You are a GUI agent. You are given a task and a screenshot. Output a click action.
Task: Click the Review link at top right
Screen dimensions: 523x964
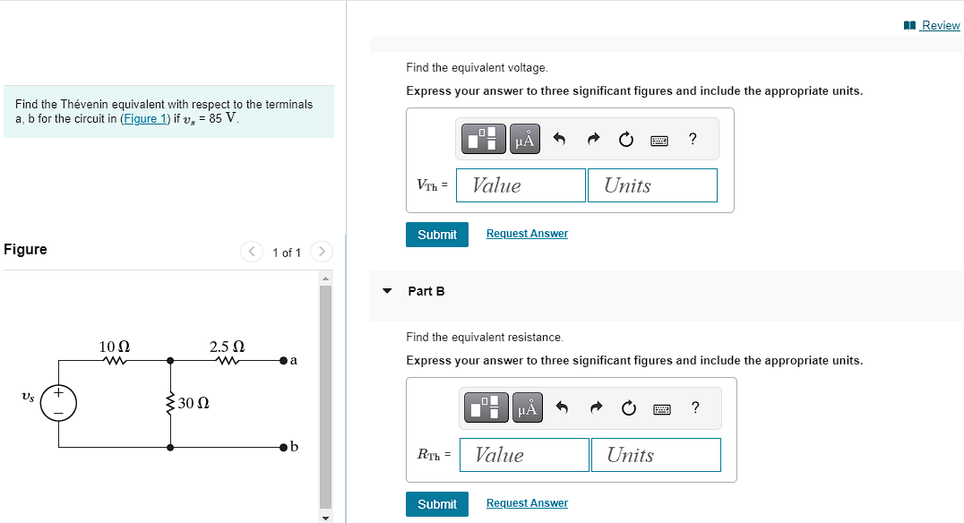[940, 25]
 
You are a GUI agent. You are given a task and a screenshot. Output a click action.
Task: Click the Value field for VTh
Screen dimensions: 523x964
[521, 185]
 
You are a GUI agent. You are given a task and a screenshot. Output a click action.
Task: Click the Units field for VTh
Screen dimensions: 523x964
[652, 185]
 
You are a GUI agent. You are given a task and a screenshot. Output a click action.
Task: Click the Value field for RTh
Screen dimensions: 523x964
[523, 455]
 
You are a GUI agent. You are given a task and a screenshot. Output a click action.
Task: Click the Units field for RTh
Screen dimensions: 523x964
[656, 455]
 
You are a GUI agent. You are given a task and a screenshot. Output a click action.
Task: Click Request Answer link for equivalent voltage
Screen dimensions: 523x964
[527, 234]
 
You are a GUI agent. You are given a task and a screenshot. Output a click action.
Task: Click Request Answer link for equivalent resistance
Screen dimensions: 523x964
[527, 503]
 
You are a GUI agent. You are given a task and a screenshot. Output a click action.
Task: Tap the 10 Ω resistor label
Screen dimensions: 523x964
[114, 347]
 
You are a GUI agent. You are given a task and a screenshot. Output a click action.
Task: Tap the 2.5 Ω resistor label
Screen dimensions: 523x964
[227, 347]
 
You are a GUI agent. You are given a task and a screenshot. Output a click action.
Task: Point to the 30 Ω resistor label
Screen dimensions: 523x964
[194, 403]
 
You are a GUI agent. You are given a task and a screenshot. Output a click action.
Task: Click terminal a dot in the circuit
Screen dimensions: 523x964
[283, 361]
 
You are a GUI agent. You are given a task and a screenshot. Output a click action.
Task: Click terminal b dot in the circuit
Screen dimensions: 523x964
[283, 446]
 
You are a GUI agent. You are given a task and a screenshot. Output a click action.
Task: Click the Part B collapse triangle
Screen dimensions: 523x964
[387, 291]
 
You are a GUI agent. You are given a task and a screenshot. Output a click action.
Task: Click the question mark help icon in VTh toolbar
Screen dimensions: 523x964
[692, 139]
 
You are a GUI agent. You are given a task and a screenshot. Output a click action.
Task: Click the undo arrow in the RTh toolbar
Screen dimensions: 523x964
[562, 408]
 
